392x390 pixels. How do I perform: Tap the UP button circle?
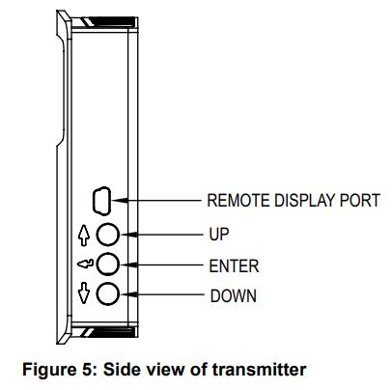point(112,235)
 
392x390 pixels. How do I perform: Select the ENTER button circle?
point(112,265)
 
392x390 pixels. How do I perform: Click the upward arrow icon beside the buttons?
point(85,235)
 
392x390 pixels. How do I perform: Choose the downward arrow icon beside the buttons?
point(85,294)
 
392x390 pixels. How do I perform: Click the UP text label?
point(219,235)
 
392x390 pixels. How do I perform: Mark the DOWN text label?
point(233,294)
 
